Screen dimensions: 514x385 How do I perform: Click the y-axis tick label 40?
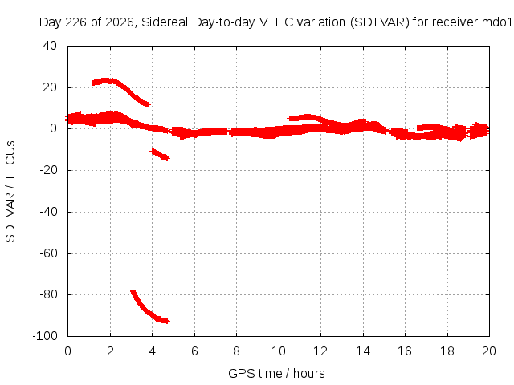(50, 46)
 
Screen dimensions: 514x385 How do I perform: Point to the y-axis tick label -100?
(45, 335)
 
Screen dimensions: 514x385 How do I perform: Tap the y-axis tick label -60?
(48, 253)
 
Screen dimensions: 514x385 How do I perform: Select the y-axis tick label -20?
(48, 170)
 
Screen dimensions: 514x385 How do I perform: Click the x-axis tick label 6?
(194, 351)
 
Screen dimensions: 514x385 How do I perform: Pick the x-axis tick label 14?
(363, 351)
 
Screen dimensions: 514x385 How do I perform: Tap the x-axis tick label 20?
(489, 351)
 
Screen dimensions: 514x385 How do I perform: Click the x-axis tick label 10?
(279, 351)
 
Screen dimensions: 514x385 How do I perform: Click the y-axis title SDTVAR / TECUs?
(10, 192)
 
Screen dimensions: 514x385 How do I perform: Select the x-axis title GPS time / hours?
(276, 373)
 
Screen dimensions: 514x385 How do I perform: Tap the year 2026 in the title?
(120, 22)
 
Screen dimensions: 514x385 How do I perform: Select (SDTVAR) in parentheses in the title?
(380, 22)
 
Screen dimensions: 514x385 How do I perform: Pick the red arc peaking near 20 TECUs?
(120, 86)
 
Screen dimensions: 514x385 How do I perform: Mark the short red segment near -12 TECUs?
(160, 155)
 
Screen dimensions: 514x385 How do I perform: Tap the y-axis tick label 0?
(54, 128)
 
